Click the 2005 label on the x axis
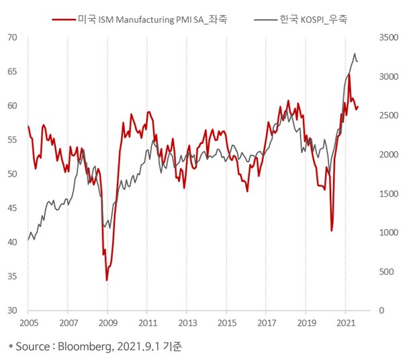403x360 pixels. click(x=28, y=323)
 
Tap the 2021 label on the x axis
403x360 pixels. click(x=345, y=323)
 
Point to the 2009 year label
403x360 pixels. click(x=107, y=323)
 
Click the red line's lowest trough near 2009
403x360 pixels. click(x=107, y=280)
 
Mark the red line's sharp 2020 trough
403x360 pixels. click(x=331, y=230)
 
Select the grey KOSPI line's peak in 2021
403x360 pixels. click(x=355, y=54)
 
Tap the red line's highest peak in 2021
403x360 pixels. click(x=349, y=75)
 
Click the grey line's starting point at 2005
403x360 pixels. click(x=28, y=239)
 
